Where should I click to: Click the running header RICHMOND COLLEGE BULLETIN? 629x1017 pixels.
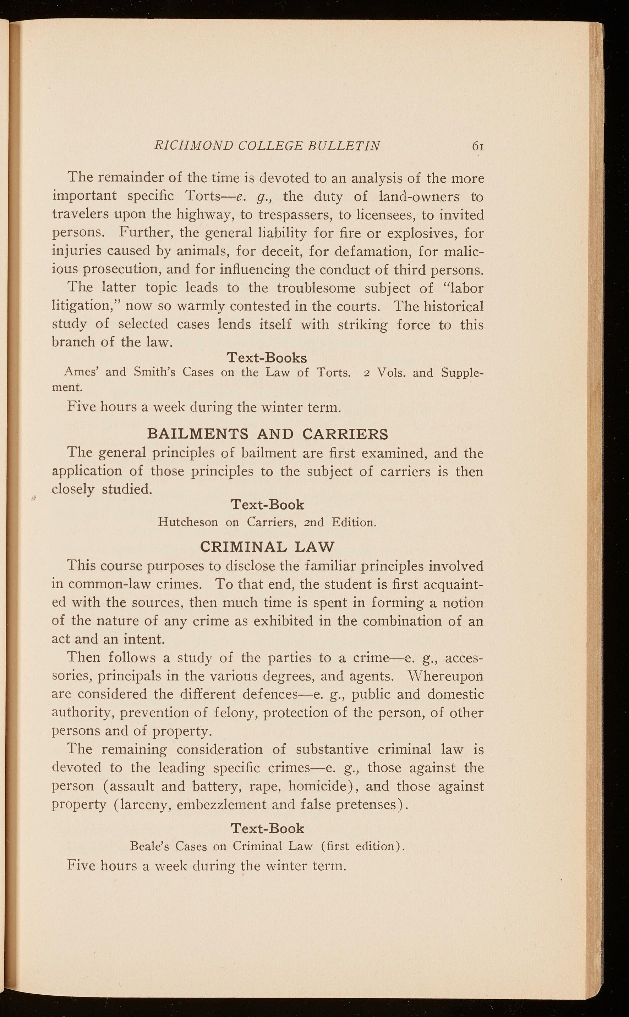[x=267, y=146]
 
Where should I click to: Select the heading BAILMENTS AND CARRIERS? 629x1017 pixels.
[x=268, y=434]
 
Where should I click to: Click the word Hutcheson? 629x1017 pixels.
[x=188, y=522]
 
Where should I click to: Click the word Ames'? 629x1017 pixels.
[x=81, y=372]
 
